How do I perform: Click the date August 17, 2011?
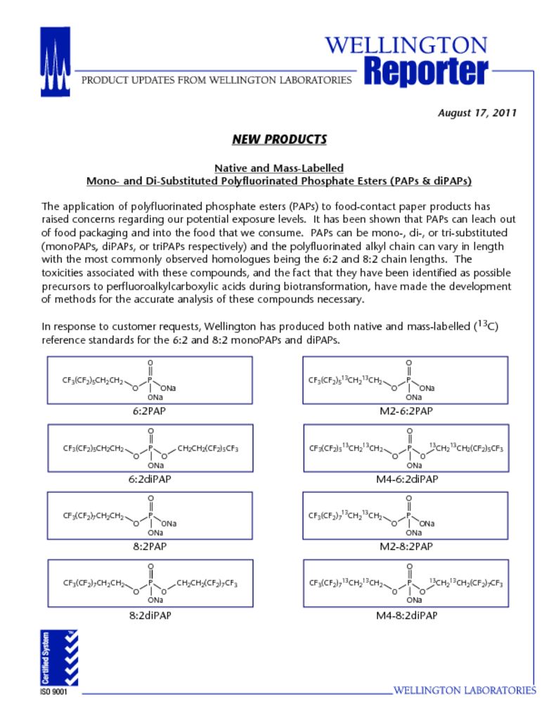click(x=477, y=112)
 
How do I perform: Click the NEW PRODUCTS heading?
click(x=279, y=139)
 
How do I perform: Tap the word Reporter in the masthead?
click(x=426, y=72)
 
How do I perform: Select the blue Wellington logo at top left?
click(x=55, y=62)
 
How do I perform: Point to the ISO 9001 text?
click(x=54, y=692)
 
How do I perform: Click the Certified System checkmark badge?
click(x=59, y=657)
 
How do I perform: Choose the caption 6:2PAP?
click(x=149, y=411)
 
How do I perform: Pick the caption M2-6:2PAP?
click(x=405, y=411)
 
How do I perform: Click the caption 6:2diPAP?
click(x=149, y=479)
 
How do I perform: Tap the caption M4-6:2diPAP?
click(x=406, y=479)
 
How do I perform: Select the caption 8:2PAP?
click(x=149, y=546)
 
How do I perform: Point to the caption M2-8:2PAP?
click(x=405, y=546)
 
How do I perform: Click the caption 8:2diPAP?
click(x=149, y=615)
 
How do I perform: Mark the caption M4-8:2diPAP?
click(x=406, y=615)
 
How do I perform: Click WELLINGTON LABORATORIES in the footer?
click(x=464, y=690)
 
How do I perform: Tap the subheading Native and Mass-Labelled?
click(x=279, y=168)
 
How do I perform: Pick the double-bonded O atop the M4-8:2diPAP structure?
click(x=410, y=566)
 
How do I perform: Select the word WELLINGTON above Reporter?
click(x=406, y=46)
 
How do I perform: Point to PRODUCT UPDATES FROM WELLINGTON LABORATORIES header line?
click(x=216, y=80)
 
